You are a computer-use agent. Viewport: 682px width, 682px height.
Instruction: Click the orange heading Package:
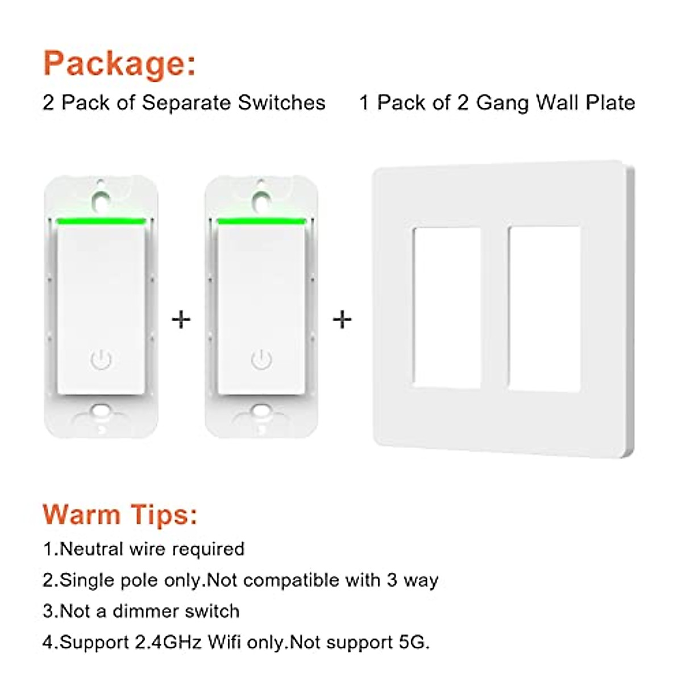(119, 63)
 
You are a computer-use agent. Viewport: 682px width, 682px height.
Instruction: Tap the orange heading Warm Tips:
(120, 514)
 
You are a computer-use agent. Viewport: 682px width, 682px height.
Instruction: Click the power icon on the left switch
(101, 360)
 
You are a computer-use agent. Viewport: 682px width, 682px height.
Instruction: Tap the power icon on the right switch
(261, 360)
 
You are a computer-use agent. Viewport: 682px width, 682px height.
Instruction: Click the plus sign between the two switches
(181, 319)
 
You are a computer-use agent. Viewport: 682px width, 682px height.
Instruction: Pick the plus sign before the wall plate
(342, 319)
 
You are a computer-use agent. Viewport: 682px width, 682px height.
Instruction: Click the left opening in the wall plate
(446, 307)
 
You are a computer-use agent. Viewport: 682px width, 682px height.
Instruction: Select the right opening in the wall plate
(544, 309)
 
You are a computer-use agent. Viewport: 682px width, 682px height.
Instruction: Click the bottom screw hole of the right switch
(262, 410)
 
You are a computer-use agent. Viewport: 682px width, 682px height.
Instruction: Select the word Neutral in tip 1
(92, 549)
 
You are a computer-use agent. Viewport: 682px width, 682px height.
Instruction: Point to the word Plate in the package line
(610, 103)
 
